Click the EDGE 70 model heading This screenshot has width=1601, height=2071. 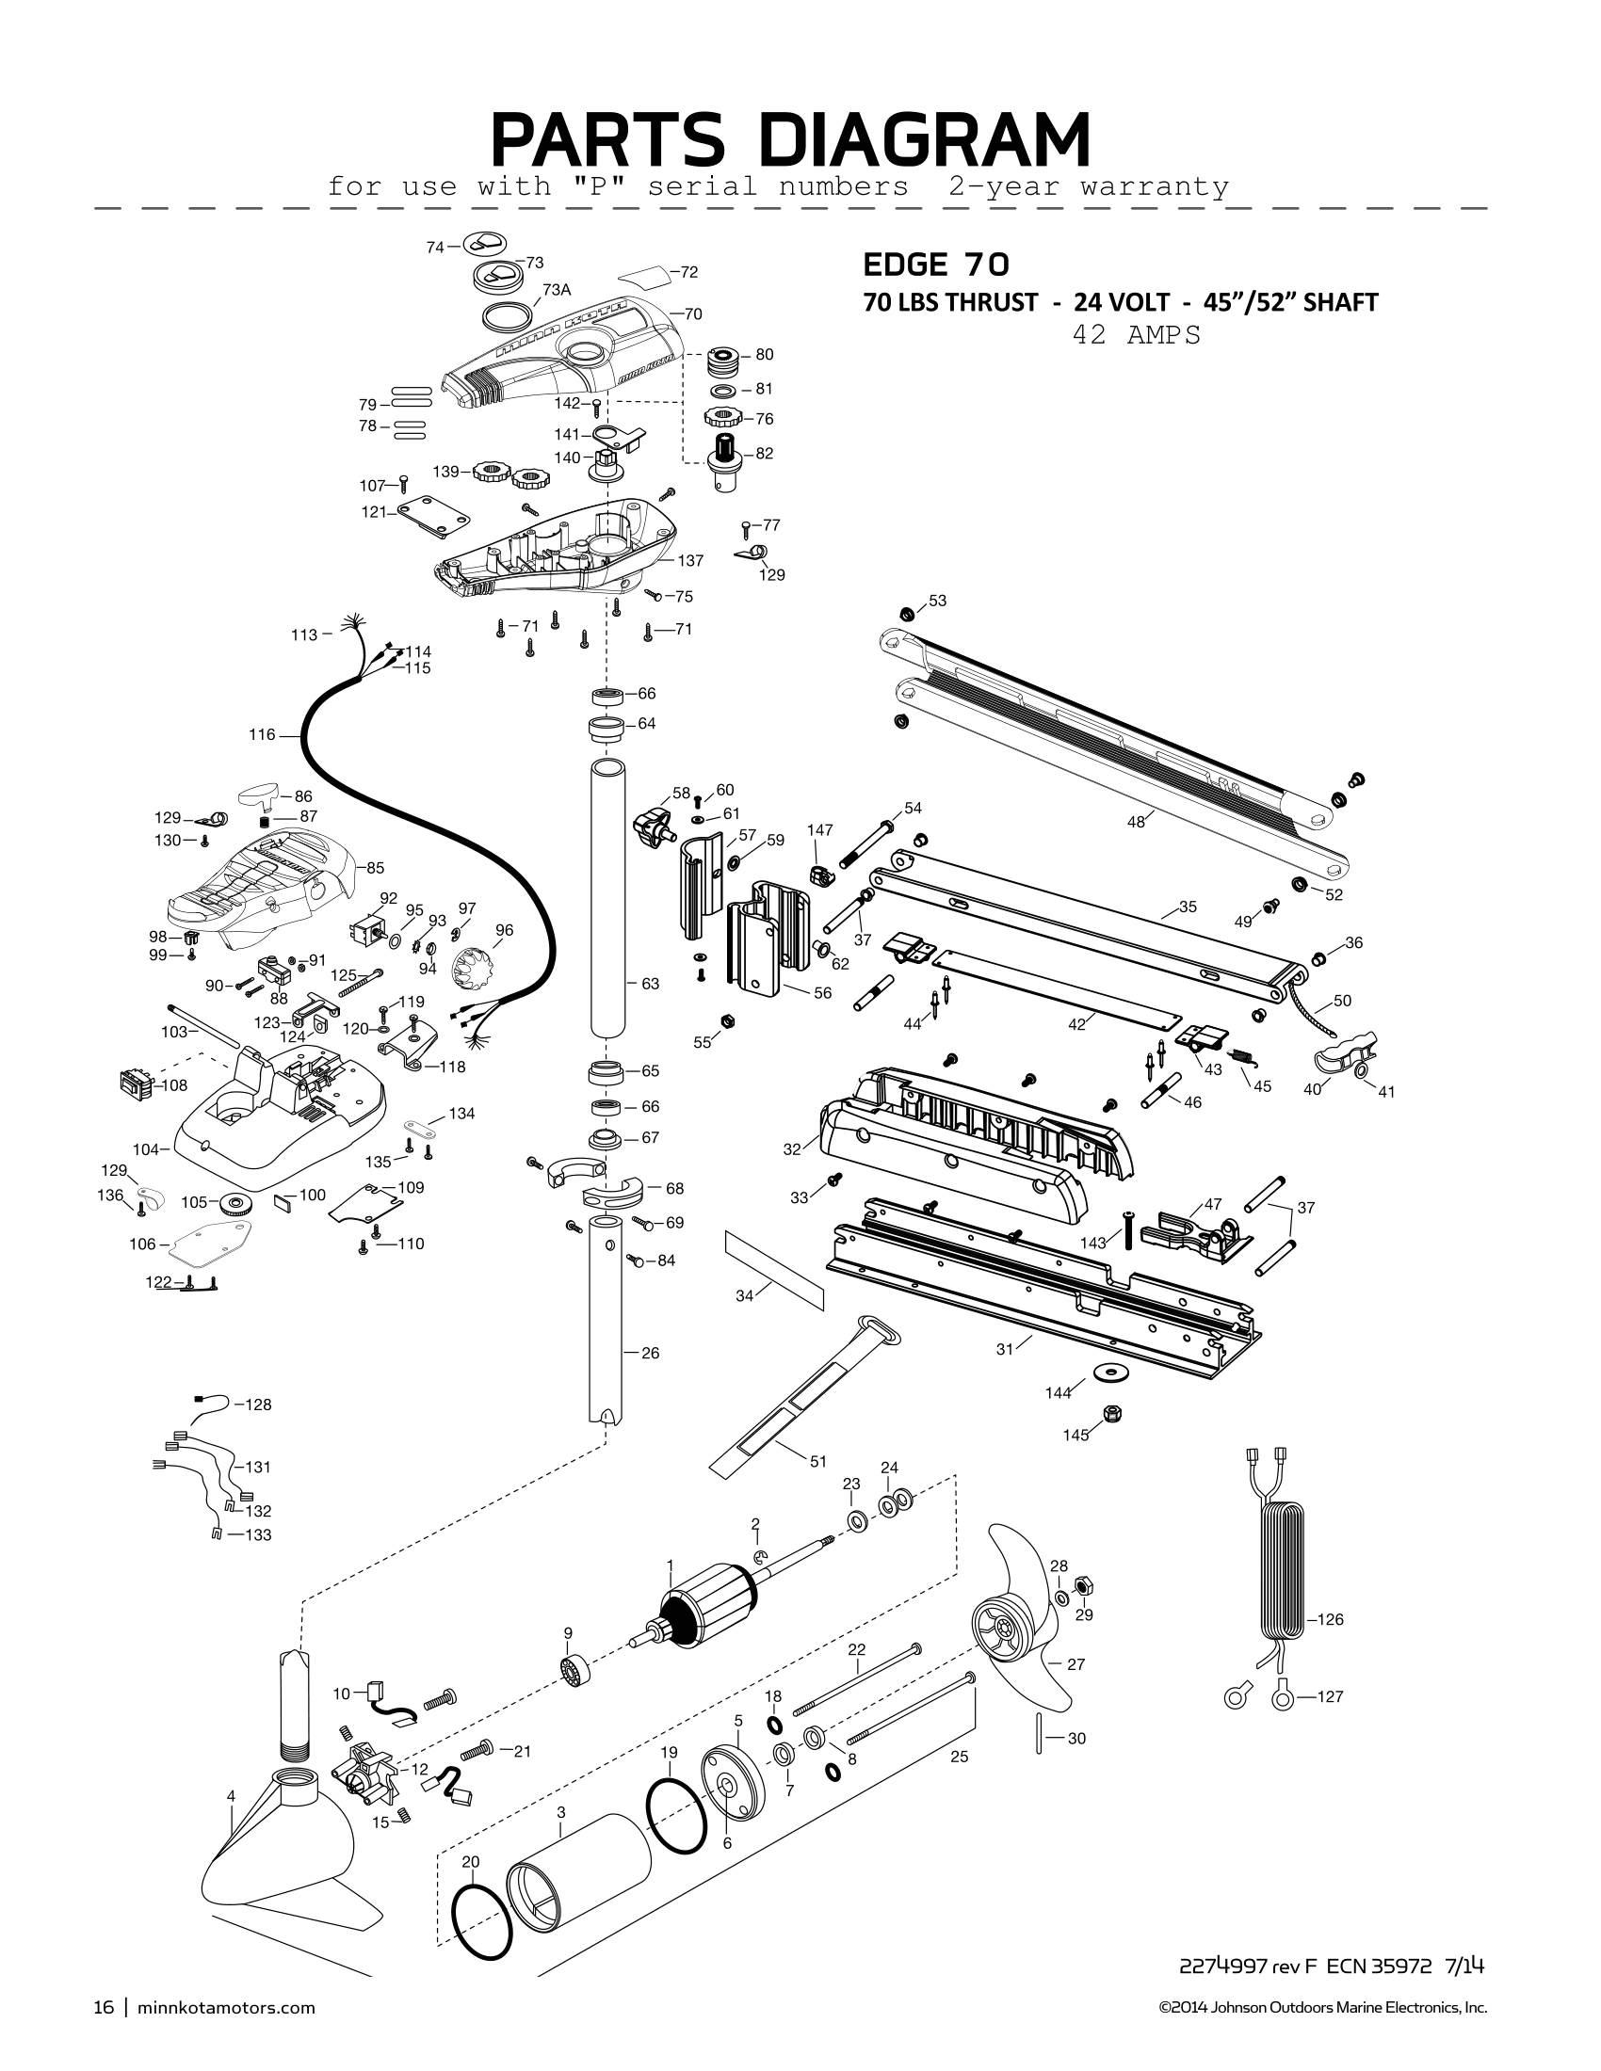pos(935,263)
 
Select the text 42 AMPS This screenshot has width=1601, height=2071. pos(1136,335)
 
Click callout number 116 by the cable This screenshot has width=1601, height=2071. pos(262,734)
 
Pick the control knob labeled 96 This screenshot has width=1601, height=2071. pos(477,969)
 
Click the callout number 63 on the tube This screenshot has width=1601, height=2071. pos(650,985)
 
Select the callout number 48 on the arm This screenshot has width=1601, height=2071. pos(1136,822)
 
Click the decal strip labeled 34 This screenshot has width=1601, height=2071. pos(774,1271)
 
